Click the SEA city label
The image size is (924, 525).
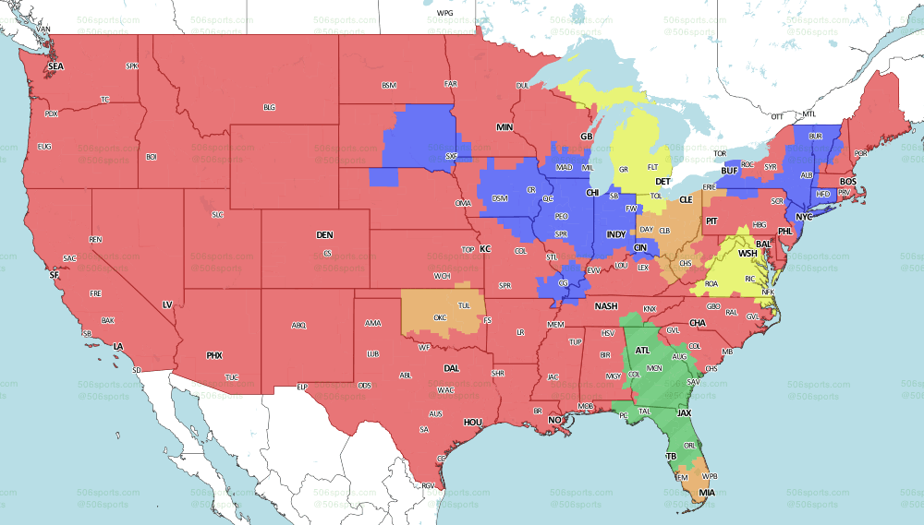[56, 66]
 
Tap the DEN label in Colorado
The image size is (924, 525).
[324, 235]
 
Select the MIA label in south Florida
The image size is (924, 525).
[707, 493]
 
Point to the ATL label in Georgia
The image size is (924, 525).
[643, 351]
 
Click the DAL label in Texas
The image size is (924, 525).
[451, 367]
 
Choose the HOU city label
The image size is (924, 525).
[473, 422]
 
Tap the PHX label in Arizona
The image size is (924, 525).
[214, 355]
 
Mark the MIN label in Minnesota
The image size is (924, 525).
[505, 126]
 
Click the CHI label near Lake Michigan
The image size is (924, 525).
[593, 193]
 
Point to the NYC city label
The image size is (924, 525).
[803, 217]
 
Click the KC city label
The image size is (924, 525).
[485, 249]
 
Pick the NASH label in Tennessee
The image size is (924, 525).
[606, 306]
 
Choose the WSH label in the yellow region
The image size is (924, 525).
[748, 253]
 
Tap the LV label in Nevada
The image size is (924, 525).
[168, 304]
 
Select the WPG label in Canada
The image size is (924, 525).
[445, 14]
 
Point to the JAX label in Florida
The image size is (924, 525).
[685, 413]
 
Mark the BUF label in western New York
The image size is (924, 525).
[730, 172]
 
